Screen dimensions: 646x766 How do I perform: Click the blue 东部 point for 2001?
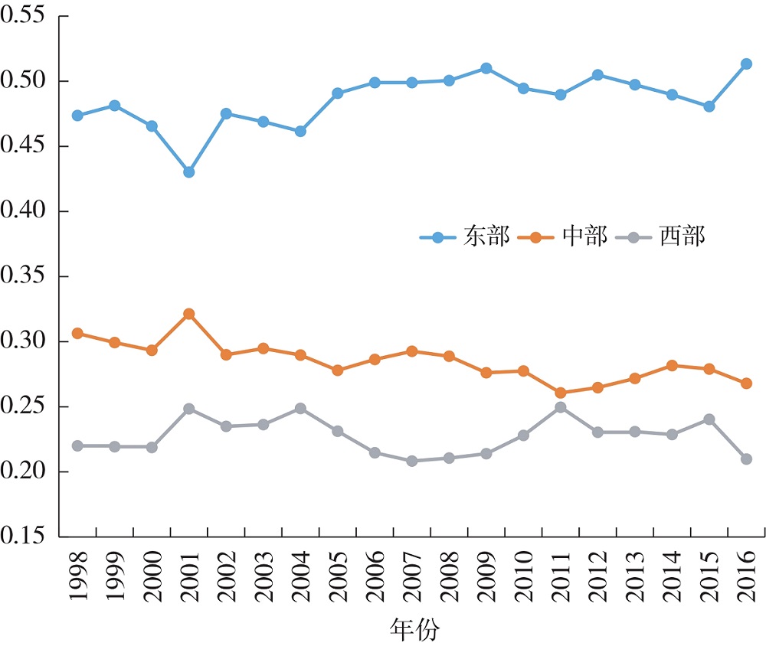tap(188, 172)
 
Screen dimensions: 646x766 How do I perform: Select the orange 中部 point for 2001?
tap(188, 314)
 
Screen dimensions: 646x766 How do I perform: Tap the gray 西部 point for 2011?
tap(561, 407)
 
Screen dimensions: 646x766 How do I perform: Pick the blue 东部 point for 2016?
tap(746, 64)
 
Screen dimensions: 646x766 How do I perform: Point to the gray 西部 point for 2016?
tap(746, 458)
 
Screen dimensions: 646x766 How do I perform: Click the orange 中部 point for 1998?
tap(77, 334)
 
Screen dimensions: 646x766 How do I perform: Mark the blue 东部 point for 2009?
tap(486, 68)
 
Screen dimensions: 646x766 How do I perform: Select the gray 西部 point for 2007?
tap(412, 461)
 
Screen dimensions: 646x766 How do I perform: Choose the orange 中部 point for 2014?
tap(672, 366)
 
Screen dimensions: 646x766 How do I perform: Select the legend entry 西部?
tap(683, 237)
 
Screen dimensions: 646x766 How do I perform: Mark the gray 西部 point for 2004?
tap(300, 409)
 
